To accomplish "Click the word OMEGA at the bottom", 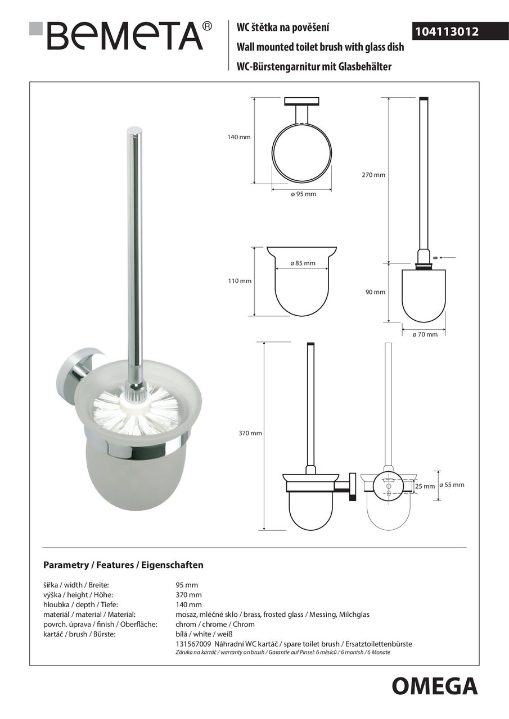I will coord(435,686).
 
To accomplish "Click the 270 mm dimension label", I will coord(373,175).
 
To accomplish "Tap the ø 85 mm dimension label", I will coord(303,263).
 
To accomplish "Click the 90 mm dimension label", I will coord(375,292).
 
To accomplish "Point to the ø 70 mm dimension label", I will coord(425,334).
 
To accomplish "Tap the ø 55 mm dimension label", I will coord(452,484).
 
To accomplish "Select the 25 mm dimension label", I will coord(426,486).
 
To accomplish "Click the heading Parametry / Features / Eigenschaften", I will coord(123,565).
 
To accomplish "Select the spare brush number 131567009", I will coord(193,644).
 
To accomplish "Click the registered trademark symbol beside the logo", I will coord(207,26).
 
